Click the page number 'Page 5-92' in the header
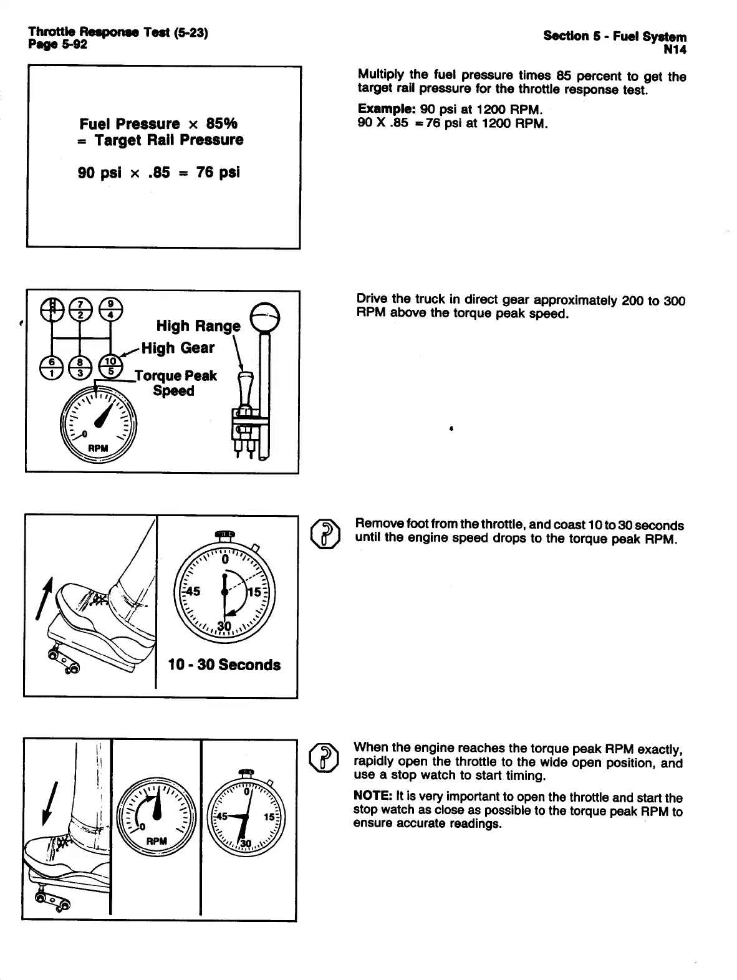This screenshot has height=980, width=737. click(x=57, y=44)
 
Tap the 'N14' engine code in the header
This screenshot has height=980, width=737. click(x=675, y=49)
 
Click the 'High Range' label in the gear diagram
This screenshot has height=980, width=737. click(x=198, y=326)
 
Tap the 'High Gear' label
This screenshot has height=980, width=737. click(x=178, y=348)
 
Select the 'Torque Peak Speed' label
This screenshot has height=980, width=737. click(x=176, y=383)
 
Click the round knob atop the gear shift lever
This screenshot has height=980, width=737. click(x=264, y=317)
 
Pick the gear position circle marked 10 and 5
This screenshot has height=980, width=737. click(x=110, y=367)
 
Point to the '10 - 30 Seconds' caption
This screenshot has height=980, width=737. click(x=224, y=665)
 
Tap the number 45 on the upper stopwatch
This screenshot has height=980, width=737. click(x=191, y=591)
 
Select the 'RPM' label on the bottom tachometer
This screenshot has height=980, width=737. click(x=156, y=841)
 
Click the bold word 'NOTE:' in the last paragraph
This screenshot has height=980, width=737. click(x=372, y=797)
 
